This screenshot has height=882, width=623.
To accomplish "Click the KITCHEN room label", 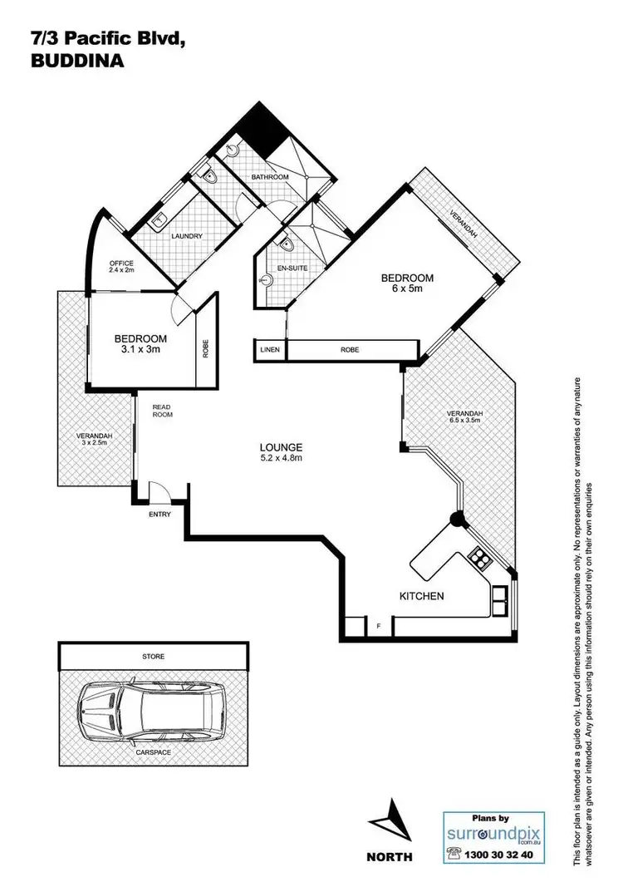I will point(421,596).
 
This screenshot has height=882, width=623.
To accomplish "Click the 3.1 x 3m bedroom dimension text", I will point(140,351).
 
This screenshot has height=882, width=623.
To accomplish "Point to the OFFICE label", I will point(121,264).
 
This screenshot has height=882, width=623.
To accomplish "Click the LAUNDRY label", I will point(187,236).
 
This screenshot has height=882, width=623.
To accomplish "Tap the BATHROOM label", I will point(271,177).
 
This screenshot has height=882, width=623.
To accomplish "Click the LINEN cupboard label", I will point(269,351).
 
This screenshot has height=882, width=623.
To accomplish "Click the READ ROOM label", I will point(161,410).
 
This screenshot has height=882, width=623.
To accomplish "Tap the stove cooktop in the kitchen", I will point(479,559).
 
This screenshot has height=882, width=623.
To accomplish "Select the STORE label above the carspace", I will point(153,656).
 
